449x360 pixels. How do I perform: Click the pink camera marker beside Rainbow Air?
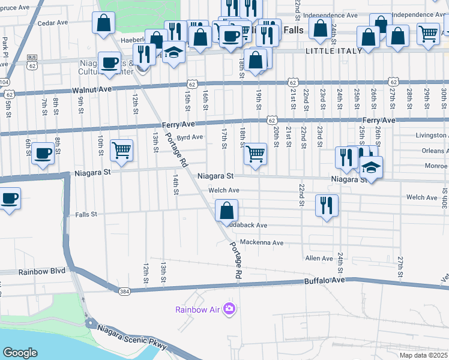pos(229,309)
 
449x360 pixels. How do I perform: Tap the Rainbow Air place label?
pos(197,310)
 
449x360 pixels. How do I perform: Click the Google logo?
pos(20,353)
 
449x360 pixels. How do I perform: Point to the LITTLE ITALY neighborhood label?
pos(334,51)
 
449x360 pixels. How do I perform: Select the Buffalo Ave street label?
pos(325,280)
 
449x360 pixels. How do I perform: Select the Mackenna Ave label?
pos(261,243)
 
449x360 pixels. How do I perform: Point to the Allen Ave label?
pos(319,259)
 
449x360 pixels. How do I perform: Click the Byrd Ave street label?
pos(190,137)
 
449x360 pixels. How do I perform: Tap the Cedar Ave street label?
pos(52,23)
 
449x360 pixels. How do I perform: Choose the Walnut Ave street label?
pos(92,89)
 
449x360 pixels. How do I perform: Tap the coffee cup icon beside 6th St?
pos(43,154)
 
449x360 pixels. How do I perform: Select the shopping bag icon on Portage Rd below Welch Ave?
pos(226,211)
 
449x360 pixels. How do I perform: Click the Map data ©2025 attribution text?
pos(423,355)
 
